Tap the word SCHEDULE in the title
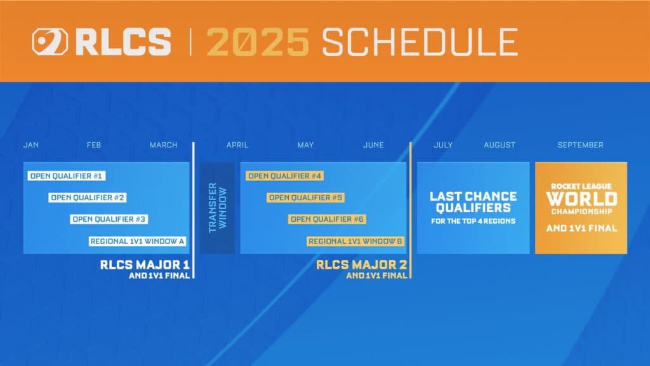pos(419,42)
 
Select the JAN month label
pos(31,145)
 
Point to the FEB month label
pos(94,145)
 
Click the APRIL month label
pos(237,145)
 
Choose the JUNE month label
pos(373,145)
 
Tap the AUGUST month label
pos(500,145)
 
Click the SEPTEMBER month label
pos(580,145)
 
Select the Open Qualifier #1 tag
pos(66,175)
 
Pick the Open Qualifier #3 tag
pos(109,219)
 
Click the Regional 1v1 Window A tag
pos(137,241)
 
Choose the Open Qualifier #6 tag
pos(328,219)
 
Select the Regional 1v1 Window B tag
pos(355,241)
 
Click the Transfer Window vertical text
pos(216,208)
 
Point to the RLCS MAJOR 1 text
pos(145,264)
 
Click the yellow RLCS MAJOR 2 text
pos(362,264)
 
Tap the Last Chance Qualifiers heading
pos(473,202)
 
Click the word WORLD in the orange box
pos(581,199)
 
